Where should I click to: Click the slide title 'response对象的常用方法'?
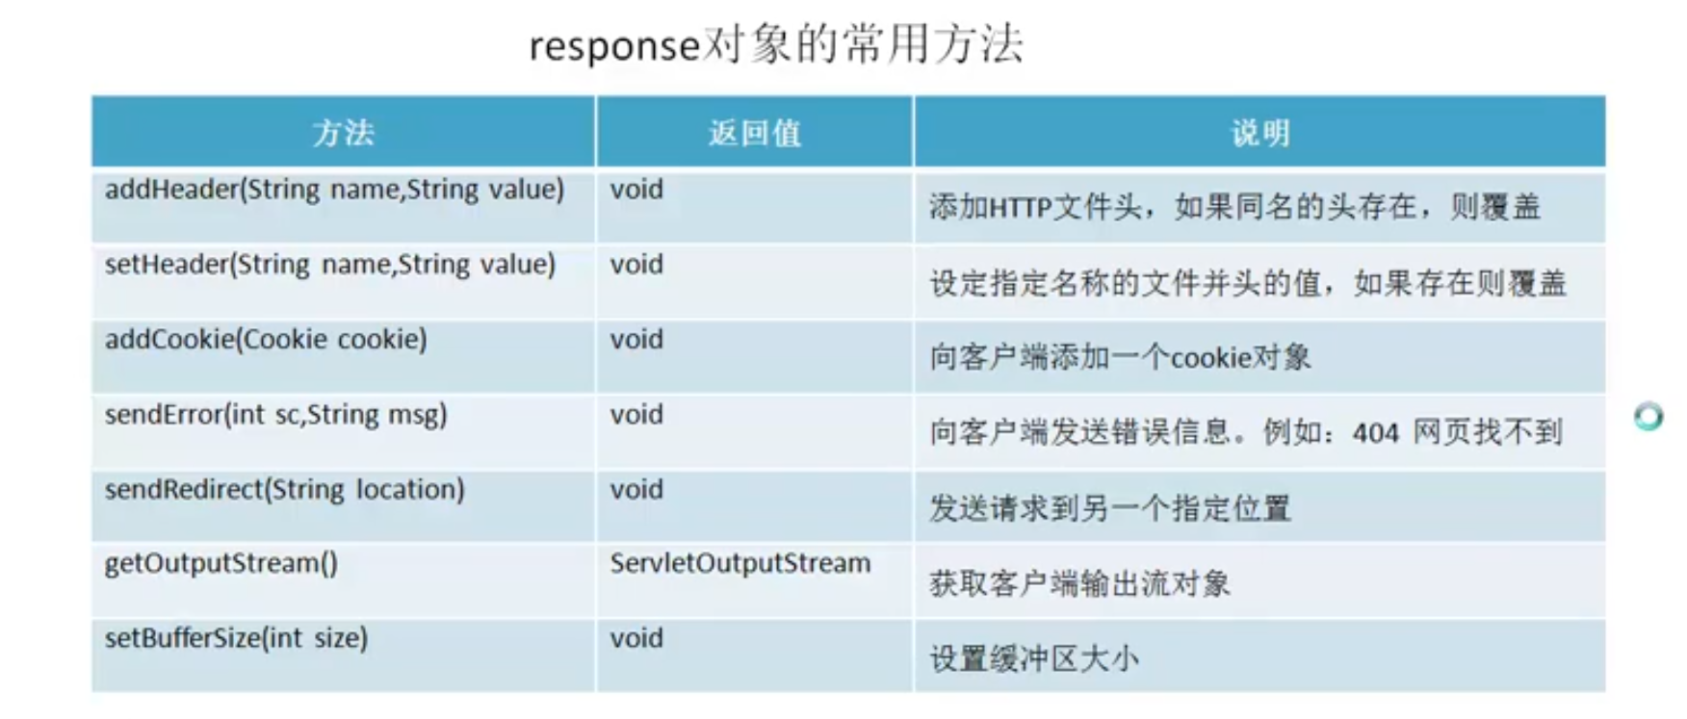776,45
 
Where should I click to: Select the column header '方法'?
343,133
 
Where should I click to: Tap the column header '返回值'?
754,133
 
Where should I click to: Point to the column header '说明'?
1259,133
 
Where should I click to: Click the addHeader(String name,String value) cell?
334,190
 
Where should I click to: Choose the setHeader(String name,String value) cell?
329,265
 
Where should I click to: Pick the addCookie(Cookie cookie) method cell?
266,340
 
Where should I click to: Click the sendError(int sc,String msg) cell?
275,415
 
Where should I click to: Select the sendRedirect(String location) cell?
284,490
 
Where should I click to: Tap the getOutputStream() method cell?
221,564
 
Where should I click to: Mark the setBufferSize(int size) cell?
236,638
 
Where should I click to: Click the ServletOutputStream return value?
740,564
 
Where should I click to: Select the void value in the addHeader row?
636,190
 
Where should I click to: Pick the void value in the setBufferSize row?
636,638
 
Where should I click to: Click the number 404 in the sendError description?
1375,433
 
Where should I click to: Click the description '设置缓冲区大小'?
1033,659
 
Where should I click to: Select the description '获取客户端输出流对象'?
1079,584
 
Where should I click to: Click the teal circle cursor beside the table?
1648,416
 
